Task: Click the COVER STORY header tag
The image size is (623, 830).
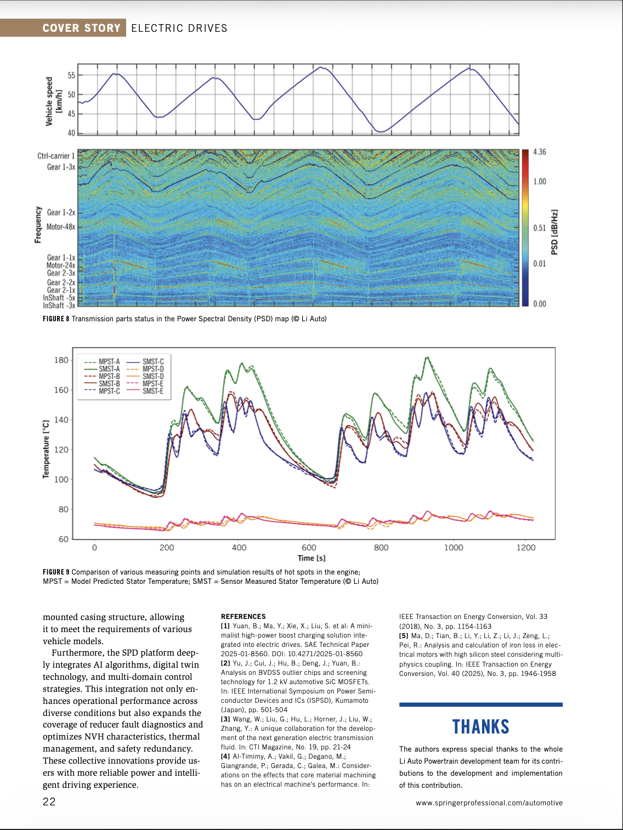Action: coord(81,28)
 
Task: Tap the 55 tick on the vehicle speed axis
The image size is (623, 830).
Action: coord(71,75)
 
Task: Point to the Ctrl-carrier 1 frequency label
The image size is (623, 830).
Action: coord(56,156)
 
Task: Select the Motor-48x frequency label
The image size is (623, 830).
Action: coord(61,226)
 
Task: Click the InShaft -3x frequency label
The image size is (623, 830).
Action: coord(59,305)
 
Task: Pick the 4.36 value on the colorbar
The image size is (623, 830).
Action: coord(540,152)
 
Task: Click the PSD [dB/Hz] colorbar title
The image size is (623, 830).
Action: coord(554,232)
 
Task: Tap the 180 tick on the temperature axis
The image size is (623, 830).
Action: coord(61,360)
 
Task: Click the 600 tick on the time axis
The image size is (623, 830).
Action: coord(309,547)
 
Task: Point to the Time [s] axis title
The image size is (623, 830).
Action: coord(311,558)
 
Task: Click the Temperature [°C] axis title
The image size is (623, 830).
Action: coord(46,450)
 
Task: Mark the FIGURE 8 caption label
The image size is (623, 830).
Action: coord(56,319)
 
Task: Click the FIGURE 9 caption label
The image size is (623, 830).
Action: coord(56,572)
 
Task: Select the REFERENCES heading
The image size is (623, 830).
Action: coord(243,616)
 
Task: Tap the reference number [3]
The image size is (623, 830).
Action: coord(225,719)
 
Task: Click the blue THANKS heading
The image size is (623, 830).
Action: coord(481,727)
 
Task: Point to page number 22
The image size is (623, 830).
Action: coord(49,801)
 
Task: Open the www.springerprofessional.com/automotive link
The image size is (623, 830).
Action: coord(489,803)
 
